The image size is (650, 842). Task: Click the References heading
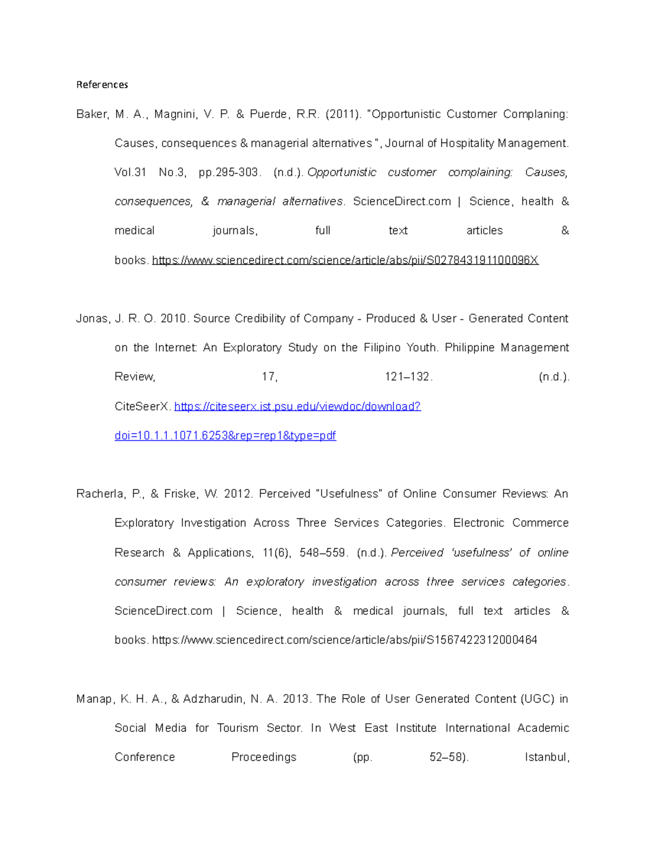click(x=102, y=85)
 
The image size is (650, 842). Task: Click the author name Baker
click(x=92, y=114)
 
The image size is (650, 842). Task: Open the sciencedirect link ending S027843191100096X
click(x=345, y=260)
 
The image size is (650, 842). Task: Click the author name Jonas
click(x=92, y=319)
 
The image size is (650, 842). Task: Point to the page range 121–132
click(x=408, y=377)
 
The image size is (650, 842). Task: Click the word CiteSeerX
click(x=142, y=407)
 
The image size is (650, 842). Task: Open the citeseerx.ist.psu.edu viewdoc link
click(x=297, y=407)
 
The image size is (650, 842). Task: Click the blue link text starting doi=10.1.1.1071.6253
click(x=225, y=436)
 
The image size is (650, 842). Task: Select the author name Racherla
click(x=101, y=494)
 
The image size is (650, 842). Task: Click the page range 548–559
click(x=322, y=553)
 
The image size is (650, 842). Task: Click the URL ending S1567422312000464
click(x=344, y=640)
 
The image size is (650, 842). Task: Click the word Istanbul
click(x=547, y=757)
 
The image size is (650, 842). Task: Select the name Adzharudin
click(x=213, y=699)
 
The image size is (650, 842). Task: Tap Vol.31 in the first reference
click(x=131, y=172)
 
